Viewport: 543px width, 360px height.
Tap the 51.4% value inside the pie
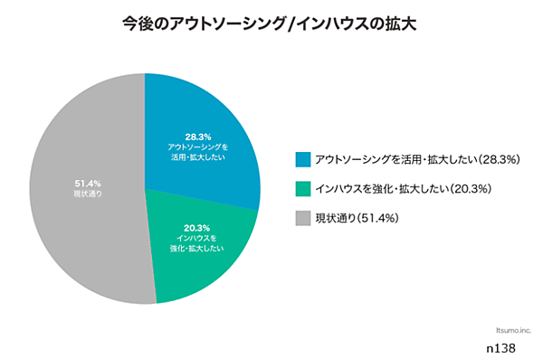pyautogui.click(x=88, y=184)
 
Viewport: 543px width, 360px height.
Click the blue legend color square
pyautogui.click(x=301, y=160)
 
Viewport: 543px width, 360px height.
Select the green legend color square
pyautogui.click(x=301, y=189)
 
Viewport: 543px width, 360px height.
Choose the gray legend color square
pyautogui.click(x=301, y=218)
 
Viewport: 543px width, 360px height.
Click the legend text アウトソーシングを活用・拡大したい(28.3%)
pyautogui.click(x=415, y=160)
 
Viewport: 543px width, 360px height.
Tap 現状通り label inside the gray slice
pyautogui.click(x=88, y=194)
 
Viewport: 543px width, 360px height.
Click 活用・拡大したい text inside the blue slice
pyautogui.click(x=198, y=157)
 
